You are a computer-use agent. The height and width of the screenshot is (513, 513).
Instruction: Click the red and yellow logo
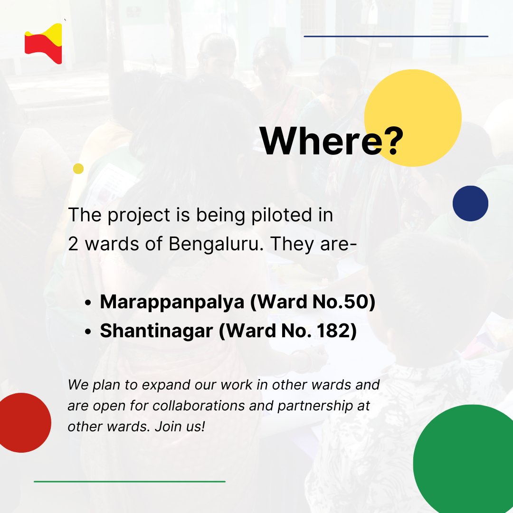click(43, 44)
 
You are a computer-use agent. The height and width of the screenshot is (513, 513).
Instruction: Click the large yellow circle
click(418, 109)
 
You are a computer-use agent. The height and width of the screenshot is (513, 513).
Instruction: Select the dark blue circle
click(470, 203)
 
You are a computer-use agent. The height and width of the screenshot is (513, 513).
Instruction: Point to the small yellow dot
click(78, 169)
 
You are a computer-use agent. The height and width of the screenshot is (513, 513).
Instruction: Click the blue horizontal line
click(396, 36)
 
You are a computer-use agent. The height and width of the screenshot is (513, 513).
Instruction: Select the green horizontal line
click(129, 482)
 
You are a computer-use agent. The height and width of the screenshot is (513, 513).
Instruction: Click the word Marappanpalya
click(172, 303)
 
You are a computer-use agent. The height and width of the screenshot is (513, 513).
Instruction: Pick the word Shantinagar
click(156, 331)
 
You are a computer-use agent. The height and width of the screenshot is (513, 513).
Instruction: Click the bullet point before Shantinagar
click(88, 332)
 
